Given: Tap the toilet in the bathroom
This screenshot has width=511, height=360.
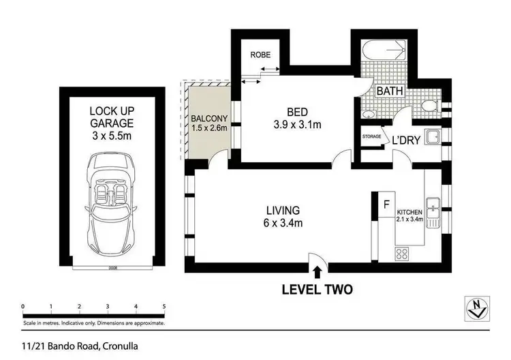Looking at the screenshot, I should click(428, 107).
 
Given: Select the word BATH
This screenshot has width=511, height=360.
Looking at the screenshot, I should click(390, 91).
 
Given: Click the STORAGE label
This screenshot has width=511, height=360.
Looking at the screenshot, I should click(371, 137).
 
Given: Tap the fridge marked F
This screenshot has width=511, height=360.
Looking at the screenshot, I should click(385, 204).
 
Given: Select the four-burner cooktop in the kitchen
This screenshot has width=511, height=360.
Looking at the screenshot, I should click(402, 254).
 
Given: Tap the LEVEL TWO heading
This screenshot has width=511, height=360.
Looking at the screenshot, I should click(317, 290).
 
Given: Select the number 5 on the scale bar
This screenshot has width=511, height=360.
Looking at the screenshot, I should click(164, 306).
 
